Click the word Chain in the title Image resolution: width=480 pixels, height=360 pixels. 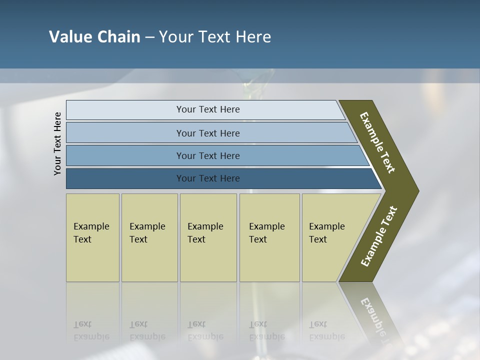point(118,37)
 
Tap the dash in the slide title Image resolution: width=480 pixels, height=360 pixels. point(149,37)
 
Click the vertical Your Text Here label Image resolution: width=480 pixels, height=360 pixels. point(57,143)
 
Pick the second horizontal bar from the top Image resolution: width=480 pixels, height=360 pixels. point(207,133)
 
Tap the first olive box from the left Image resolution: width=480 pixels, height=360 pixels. point(92,237)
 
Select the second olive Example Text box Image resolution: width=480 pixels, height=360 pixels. point(149,237)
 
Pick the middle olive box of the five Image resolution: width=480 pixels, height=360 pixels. point(208,237)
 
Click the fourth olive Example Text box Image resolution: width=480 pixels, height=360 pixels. point(269,237)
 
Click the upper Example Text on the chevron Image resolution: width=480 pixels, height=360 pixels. point(377,142)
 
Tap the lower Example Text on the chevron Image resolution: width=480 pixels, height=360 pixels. point(379,236)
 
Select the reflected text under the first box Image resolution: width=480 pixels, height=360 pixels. point(91,330)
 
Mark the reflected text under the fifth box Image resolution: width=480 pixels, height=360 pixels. point(326,330)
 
